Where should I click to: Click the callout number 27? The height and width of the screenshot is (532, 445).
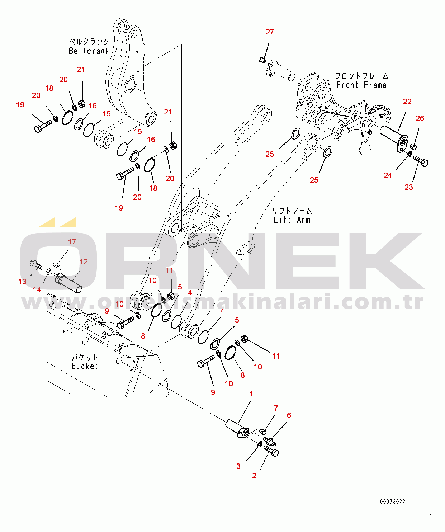tap(270, 32)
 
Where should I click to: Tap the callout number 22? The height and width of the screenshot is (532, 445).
tap(407, 102)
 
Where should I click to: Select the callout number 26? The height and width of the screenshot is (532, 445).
tap(420, 118)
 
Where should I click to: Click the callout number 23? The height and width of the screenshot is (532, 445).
tap(408, 187)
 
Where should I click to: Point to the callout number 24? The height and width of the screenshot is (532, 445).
tap(388, 175)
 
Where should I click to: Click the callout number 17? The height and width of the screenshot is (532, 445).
tap(72, 242)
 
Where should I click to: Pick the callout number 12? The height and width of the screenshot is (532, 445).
tap(84, 262)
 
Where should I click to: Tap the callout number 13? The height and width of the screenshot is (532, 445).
tap(22, 282)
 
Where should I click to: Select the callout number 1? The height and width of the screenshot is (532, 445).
tap(251, 394)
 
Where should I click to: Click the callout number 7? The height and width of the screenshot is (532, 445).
tap(276, 408)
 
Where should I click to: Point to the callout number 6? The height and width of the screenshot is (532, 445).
tap(289, 415)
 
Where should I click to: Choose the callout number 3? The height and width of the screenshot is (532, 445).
tap(238, 466)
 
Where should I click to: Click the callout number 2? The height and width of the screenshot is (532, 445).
tap(254, 476)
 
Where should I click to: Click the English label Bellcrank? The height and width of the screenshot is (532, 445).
tap(89, 51)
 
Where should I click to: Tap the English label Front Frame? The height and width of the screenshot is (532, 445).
tap(361, 85)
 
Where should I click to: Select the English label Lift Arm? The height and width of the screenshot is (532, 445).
tap(292, 220)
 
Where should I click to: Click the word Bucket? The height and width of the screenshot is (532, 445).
tap(85, 366)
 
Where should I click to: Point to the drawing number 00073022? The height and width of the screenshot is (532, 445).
tap(393, 502)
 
